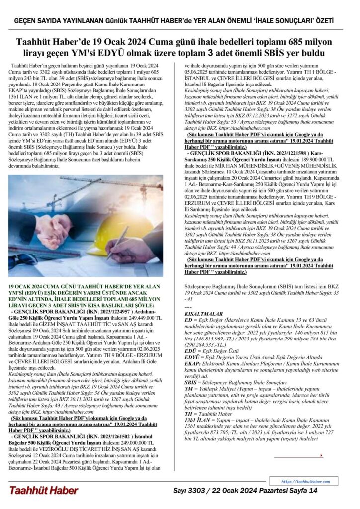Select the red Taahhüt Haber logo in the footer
pyautogui.click(x=43, y=491)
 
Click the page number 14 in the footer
pyautogui.click(x=313, y=491)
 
